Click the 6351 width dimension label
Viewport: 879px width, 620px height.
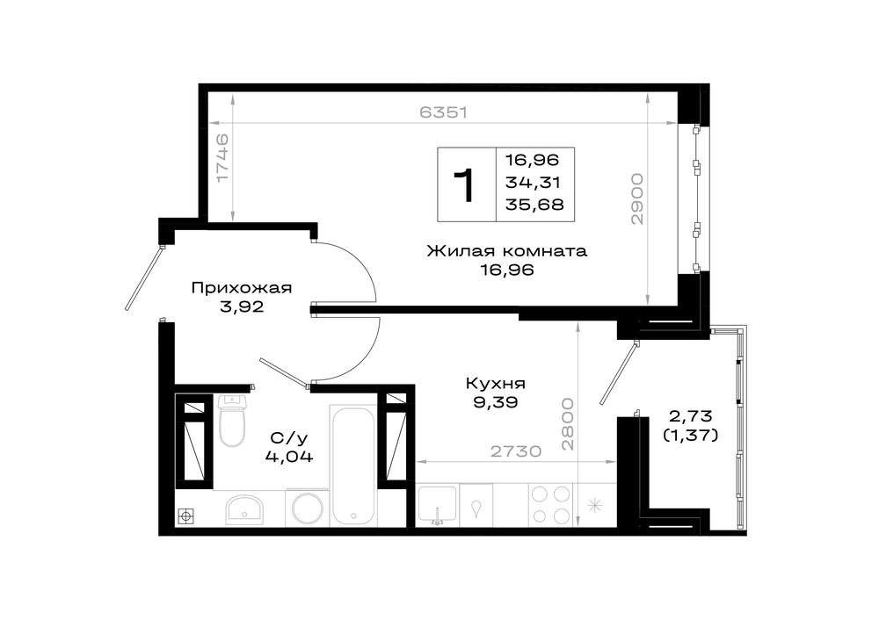pyautogui.click(x=443, y=112)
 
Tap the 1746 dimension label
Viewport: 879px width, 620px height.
pyautogui.click(x=222, y=157)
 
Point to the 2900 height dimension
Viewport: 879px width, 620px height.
pyautogui.click(x=636, y=199)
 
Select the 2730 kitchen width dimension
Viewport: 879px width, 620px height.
pyautogui.click(x=516, y=451)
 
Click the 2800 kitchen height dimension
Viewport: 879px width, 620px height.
pyautogui.click(x=567, y=424)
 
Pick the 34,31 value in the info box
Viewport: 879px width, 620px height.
pyautogui.click(x=533, y=183)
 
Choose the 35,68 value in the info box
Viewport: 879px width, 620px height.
pyautogui.click(x=534, y=205)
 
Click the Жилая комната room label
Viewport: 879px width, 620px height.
pyautogui.click(x=507, y=250)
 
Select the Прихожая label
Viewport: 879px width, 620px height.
pyautogui.click(x=242, y=288)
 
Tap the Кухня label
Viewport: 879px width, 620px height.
pyautogui.click(x=496, y=384)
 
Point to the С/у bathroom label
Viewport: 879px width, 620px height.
pyautogui.click(x=289, y=437)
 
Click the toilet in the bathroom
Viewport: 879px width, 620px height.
pyautogui.click(x=232, y=421)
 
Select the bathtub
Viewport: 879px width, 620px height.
pyautogui.click(x=352, y=465)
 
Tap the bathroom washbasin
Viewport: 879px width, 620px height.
pyautogui.click(x=244, y=509)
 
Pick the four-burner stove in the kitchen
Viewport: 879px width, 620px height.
pyautogui.click(x=550, y=505)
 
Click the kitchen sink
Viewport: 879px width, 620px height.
pyautogui.click(x=438, y=505)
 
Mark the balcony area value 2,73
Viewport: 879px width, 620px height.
pyautogui.click(x=691, y=416)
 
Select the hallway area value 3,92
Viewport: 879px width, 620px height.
pyautogui.click(x=242, y=306)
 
